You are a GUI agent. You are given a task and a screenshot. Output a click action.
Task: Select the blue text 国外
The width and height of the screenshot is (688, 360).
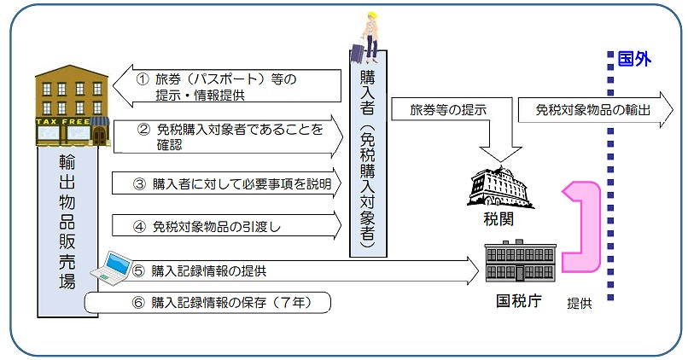tap(634, 61)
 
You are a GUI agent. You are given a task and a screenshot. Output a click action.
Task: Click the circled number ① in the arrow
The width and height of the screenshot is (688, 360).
tap(143, 78)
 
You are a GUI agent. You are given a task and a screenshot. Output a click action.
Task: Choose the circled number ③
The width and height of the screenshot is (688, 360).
tap(140, 182)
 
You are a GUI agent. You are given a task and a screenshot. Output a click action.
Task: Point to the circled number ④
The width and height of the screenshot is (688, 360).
tap(140, 226)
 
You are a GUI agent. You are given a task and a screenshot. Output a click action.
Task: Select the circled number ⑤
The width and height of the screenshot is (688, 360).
tap(140, 271)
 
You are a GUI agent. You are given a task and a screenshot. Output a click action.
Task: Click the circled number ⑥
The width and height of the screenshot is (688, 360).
tap(140, 302)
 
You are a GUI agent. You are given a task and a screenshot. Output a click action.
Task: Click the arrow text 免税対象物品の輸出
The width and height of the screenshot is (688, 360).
tap(593, 109)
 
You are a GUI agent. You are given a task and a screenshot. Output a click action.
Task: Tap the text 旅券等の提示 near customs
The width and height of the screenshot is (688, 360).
tap(448, 110)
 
